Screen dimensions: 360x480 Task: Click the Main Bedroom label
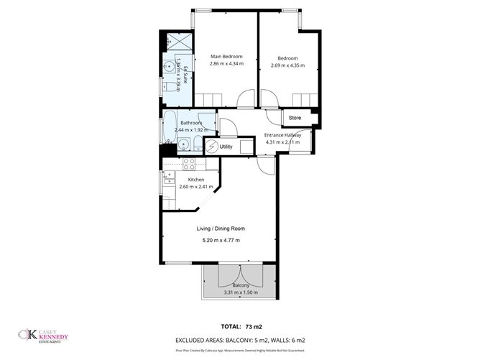[x=226, y=57]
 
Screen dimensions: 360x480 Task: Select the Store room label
[x=295, y=117]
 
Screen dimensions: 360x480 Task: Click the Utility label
[x=226, y=147]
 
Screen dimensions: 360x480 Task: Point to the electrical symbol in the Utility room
[x=211, y=146]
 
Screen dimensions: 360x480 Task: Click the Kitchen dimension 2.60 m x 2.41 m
[x=196, y=188]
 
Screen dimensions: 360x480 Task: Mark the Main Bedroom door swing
[x=246, y=98]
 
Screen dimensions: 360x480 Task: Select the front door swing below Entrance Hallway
[x=265, y=165]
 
